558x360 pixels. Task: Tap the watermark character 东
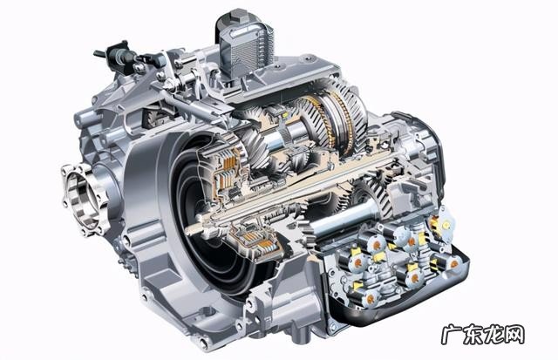pos(473,335)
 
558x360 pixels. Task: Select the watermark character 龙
pos(493,335)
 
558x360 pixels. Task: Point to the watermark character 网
pos(514,335)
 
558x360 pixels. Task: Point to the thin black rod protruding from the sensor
pos(100,54)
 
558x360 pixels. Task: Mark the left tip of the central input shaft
pos(187,232)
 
